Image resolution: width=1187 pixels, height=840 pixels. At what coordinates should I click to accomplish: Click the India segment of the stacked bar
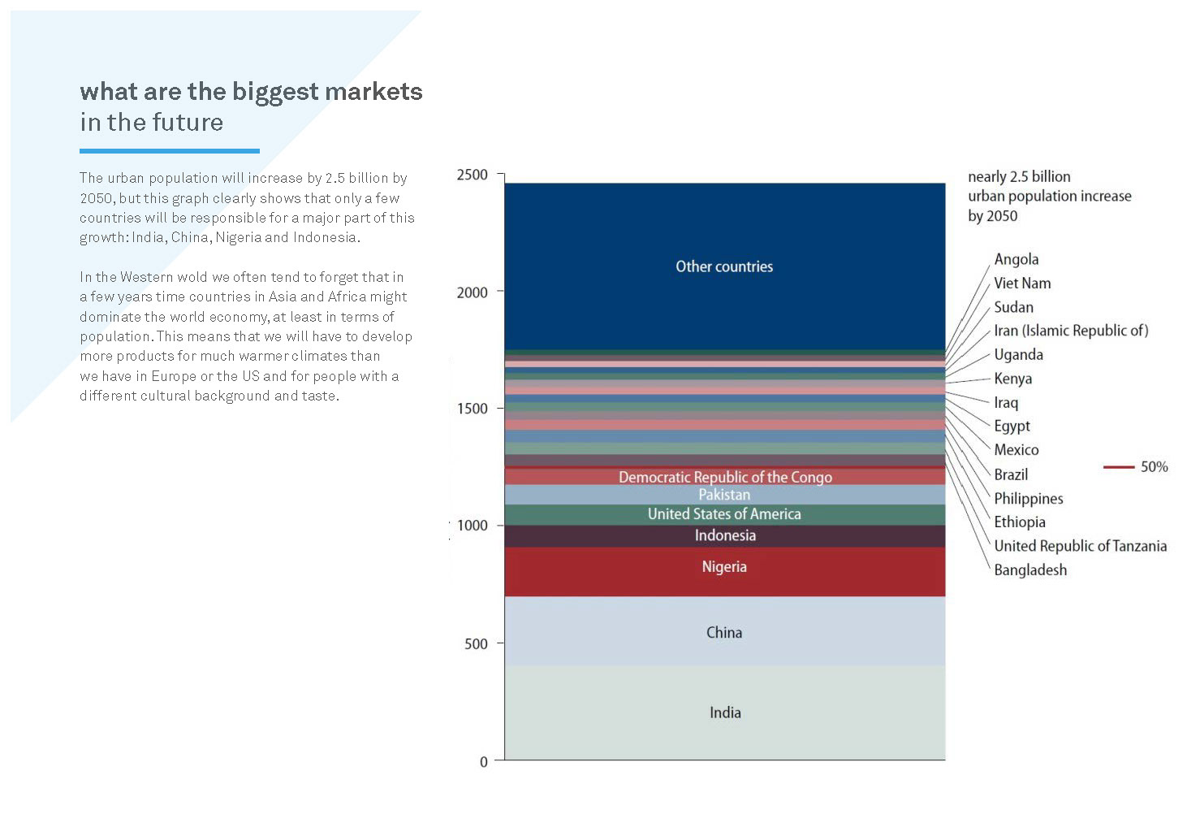click(724, 712)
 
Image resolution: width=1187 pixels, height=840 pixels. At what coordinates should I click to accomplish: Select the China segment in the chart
click(724, 632)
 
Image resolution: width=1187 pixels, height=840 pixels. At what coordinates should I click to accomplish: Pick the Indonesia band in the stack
click(724, 535)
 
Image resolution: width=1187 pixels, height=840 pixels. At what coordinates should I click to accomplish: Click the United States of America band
click(724, 514)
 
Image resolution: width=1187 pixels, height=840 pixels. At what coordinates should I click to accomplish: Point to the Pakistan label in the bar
click(724, 495)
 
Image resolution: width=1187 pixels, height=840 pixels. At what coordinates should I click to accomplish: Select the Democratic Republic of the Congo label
click(724, 477)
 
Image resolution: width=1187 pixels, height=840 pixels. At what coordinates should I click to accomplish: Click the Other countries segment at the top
click(724, 266)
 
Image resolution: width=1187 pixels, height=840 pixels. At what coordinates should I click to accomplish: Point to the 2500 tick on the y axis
click(473, 175)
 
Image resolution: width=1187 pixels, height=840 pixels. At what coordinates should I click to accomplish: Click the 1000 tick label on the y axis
click(473, 526)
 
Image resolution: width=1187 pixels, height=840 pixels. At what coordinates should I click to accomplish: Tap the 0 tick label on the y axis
click(484, 762)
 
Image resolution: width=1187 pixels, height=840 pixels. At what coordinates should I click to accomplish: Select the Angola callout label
click(1016, 259)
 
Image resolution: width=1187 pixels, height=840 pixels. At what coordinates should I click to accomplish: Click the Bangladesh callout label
click(1030, 570)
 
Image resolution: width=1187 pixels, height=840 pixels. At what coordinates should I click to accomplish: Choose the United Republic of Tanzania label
click(1080, 546)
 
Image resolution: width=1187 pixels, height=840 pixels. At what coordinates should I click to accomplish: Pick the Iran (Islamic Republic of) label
click(1071, 331)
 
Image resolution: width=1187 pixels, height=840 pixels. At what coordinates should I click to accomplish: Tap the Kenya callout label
click(1012, 379)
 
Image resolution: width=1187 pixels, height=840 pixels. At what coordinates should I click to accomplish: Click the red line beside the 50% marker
click(1118, 467)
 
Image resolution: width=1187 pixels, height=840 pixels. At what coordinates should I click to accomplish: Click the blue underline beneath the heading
click(169, 151)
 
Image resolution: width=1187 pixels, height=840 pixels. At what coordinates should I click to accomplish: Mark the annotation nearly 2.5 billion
click(1019, 176)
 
